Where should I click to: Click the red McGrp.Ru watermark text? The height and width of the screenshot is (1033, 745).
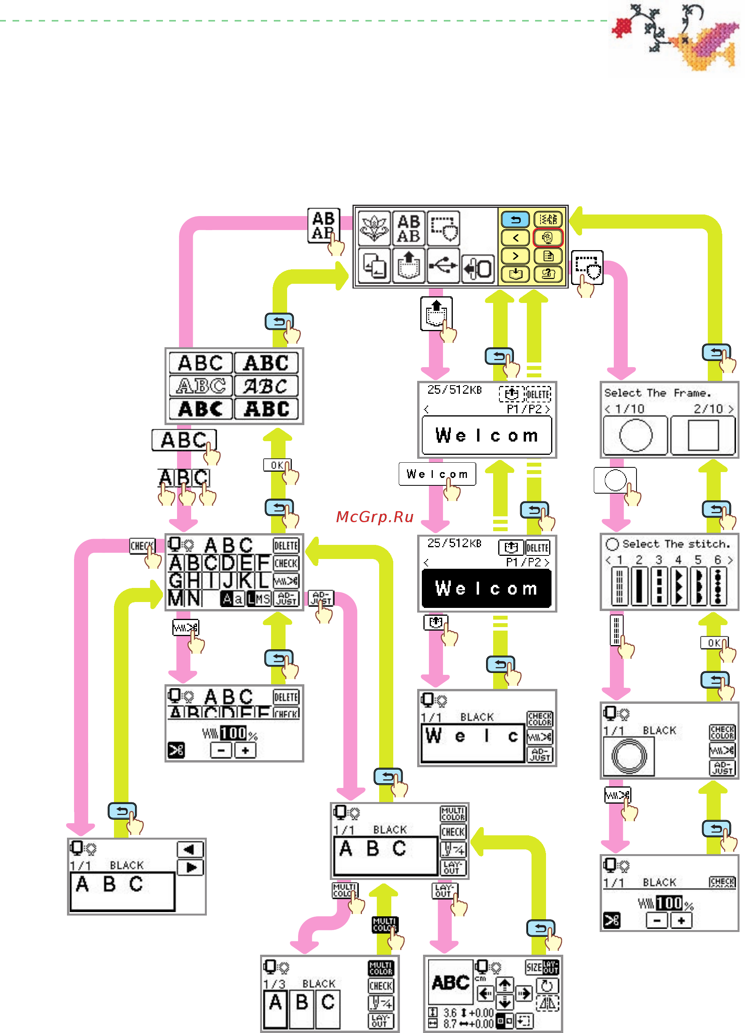pyautogui.click(x=374, y=517)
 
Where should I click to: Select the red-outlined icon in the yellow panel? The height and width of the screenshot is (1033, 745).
pyautogui.click(x=548, y=237)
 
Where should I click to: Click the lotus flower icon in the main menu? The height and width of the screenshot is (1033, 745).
pyautogui.click(x=374, y=228)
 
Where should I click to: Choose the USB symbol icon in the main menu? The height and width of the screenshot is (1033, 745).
pyautogui.click(x=443, y=265)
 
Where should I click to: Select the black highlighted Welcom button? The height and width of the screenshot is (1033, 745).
pyautogui.click(x=486, y=588)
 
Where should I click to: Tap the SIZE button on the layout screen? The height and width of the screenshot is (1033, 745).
pyautogui.click(x=533, y=967)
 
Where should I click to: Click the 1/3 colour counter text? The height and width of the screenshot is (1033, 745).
pyautogui.click(x=274, y=984)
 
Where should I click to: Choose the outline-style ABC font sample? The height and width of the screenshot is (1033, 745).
pyautogui.click(x=201, y=386)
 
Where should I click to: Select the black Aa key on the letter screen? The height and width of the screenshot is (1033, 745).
pyautogui.click(x=232, y=599)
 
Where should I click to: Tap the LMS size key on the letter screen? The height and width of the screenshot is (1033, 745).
pyautogui.click(x=259, y=599)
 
